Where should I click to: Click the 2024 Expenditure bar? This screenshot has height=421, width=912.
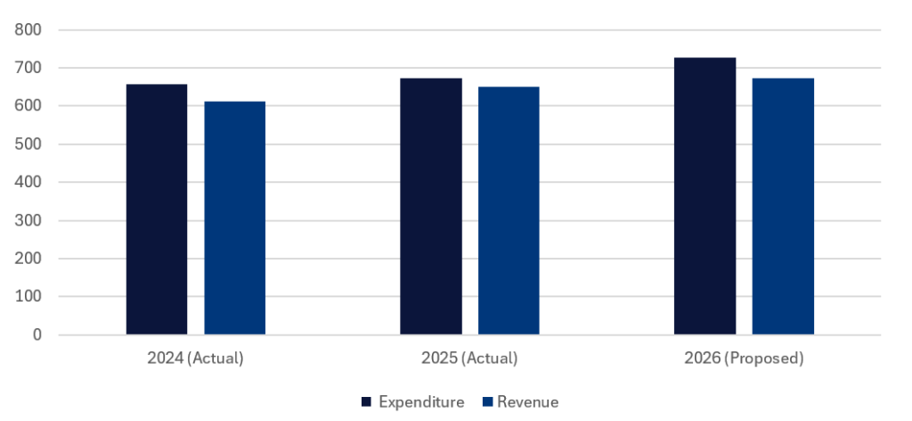click(x=157, y=210)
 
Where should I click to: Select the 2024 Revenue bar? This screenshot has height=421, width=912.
click(x=235, y=219)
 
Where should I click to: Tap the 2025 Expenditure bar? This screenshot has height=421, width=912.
click(x=431, y=206)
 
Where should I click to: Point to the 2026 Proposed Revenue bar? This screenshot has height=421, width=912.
click(x=783, y=206)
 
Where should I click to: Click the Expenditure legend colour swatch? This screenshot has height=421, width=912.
click(x=366, y=402)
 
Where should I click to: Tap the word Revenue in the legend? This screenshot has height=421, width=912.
click(x=528, y=402)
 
